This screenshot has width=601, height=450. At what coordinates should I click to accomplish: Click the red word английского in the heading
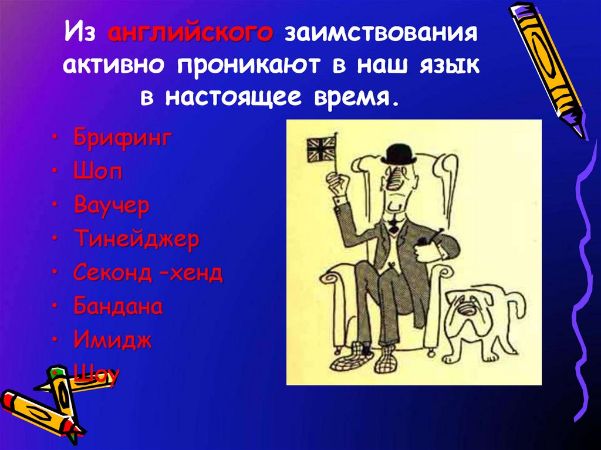(x=190, y=33)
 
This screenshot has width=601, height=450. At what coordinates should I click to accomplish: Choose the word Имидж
(x=113, y=340)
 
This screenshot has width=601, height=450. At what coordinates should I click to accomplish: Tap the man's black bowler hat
(x=397, y=153)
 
